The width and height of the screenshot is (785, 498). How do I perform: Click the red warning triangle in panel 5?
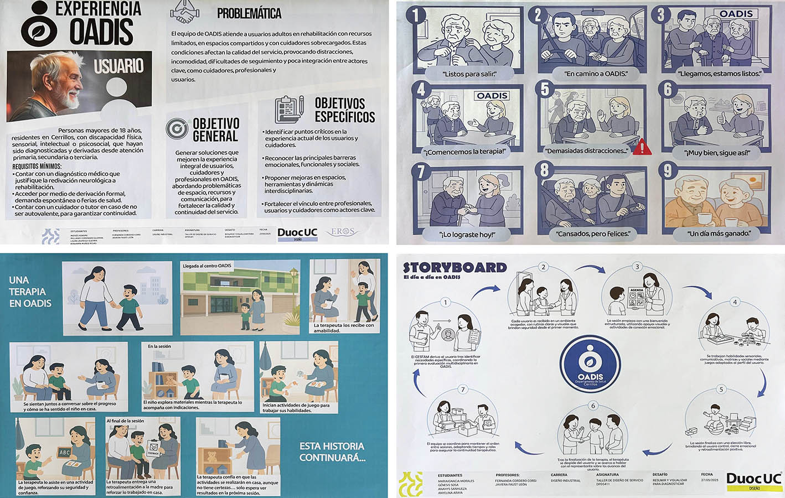pyautogui.click(x=643, y=148)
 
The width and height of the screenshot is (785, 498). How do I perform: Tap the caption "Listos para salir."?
pyautogui.click(x=469, y=74)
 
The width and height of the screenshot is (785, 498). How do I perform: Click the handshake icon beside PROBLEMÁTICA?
pyautogui.click(x=186, y=12)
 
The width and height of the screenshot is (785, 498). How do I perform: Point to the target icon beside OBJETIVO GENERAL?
pyautogui.click(x=177, y=129)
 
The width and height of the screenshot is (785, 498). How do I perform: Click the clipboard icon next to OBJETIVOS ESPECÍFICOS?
pyautogui.click(x=289, y=110)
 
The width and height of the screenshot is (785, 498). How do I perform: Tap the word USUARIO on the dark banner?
pyautogui.click(x=118, y=66)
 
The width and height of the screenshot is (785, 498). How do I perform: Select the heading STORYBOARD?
pyautogui.click(x=455, y=268)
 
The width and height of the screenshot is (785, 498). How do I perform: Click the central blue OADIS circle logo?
pyautogui.click(x=590, y=362)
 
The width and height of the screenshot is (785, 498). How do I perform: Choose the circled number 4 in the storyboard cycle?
pyautogui.click(x=735, y=302)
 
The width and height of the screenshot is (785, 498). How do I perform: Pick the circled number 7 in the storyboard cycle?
pyautogui.click(x=463, y=390)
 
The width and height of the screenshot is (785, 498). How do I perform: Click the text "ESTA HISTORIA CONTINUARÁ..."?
pyautogui.click(x=332, y=452)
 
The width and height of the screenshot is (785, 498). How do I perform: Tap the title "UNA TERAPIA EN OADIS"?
pyautogui.click(x=30, y=292)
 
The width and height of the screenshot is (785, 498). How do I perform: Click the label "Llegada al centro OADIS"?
pyautogui.click(x=207, y=266)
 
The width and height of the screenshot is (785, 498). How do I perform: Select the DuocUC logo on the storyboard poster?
pyautogui.click(x=753, y=479)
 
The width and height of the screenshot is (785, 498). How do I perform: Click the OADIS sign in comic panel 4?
pyautogui.click(x=492, y=96)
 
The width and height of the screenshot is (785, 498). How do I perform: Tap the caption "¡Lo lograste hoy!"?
pyautogui.click(x=467, y=234)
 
